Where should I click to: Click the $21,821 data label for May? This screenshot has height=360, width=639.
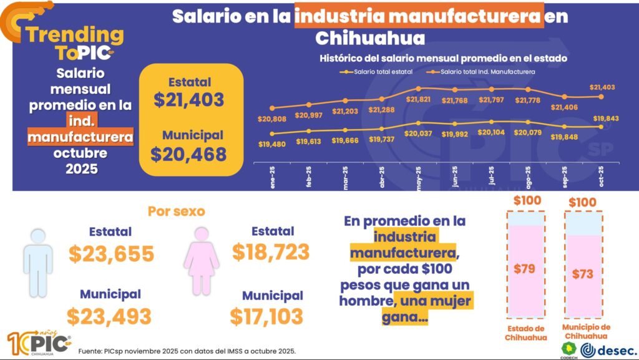419,99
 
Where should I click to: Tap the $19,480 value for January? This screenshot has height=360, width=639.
271,144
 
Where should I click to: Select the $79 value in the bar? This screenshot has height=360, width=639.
524,269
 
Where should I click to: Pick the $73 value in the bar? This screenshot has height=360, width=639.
583,273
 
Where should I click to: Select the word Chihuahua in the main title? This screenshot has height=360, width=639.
370,39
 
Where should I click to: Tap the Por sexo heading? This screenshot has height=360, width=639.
177,211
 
